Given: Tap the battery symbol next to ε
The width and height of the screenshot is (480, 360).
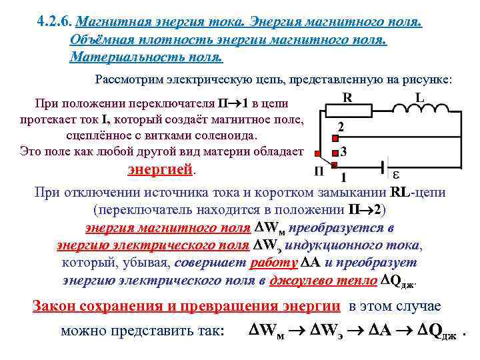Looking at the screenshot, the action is (x=382, y=167).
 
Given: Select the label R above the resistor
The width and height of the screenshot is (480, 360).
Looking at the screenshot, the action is (x=347, y=98).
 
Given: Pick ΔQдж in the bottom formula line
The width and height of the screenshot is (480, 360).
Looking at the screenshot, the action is (x=433, y=330).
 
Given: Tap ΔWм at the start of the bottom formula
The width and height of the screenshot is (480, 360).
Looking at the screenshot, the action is (x=266, y=330).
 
